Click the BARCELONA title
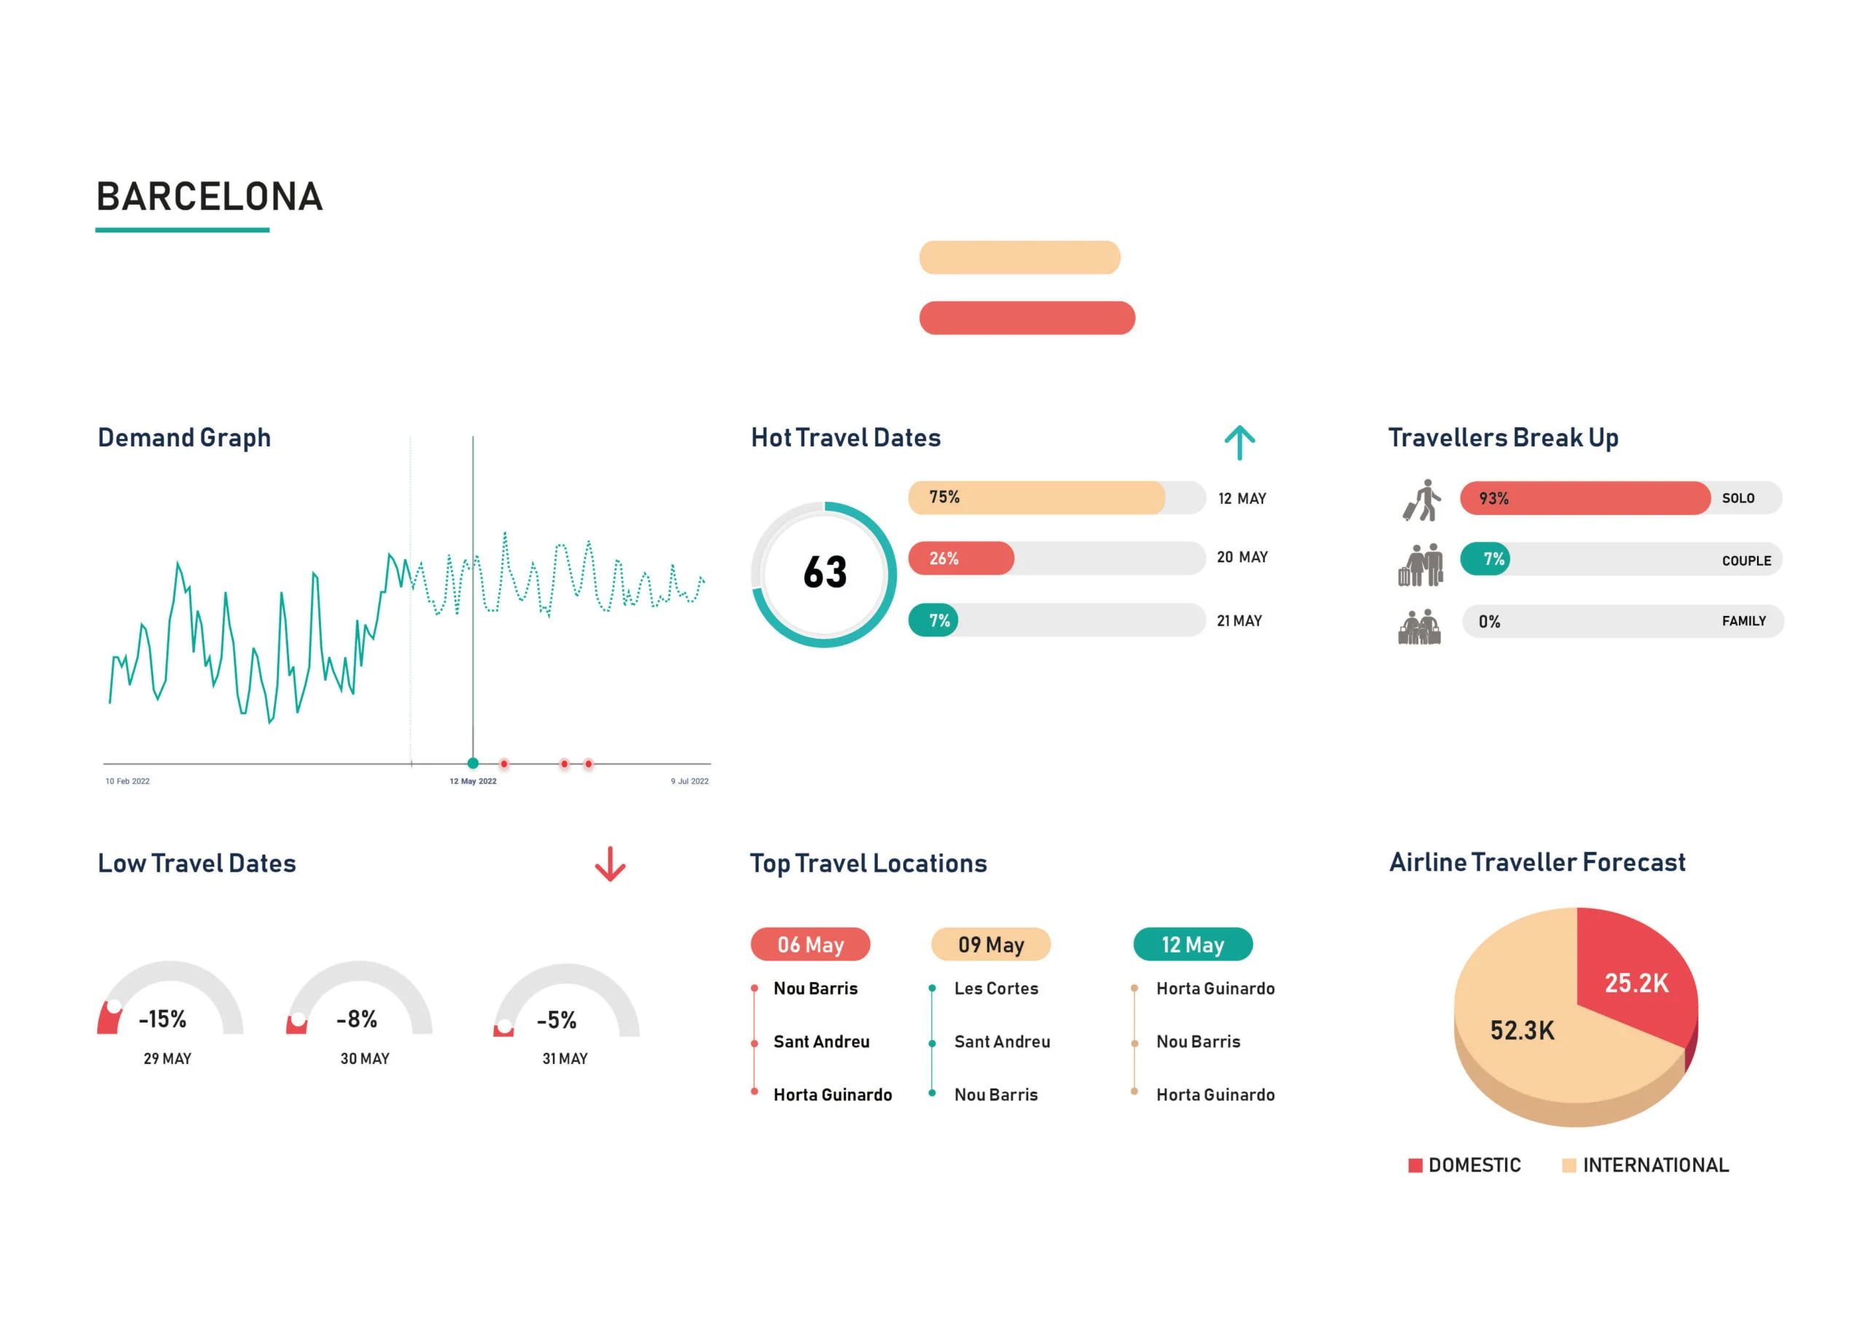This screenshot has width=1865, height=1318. coord(210,197)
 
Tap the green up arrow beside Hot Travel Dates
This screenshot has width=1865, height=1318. coord(1238,443)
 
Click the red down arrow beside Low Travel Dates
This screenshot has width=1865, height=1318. coord(610,864)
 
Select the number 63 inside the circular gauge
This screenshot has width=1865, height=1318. coord(825,572)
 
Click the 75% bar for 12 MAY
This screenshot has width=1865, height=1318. coord(1036,498)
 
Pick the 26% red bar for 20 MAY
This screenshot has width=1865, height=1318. coord(961,559)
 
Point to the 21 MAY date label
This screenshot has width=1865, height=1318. coord(1238,621)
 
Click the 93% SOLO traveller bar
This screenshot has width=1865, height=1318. coord(1584,499)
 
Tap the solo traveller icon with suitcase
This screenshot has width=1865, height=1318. coord(1422,500)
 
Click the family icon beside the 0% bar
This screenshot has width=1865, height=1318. coord(1419,627)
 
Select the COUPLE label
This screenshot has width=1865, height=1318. coord(1746,561)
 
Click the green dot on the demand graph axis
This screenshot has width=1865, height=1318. coord(473,763)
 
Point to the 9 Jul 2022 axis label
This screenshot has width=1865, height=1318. coord(689,781)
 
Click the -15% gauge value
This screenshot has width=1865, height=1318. coord(162,1019)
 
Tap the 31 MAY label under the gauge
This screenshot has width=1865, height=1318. coord(565,1059)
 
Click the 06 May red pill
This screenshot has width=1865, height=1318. coord(810,944)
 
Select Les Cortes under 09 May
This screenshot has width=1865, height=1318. coord(996,988)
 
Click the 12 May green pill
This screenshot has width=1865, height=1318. coord(1193,944)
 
